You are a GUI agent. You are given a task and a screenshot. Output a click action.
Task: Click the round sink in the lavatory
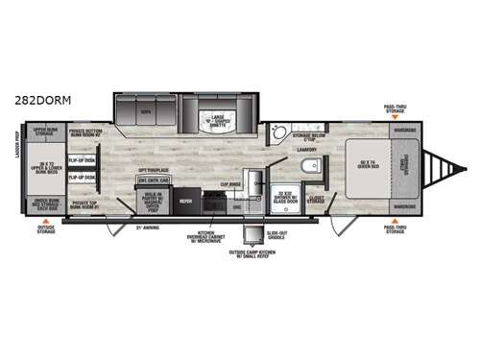(x=277, y=132)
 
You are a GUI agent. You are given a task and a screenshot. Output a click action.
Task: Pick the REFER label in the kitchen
(x=186, y=203)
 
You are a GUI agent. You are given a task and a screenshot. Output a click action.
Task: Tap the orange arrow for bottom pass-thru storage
(x=395, y=221)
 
